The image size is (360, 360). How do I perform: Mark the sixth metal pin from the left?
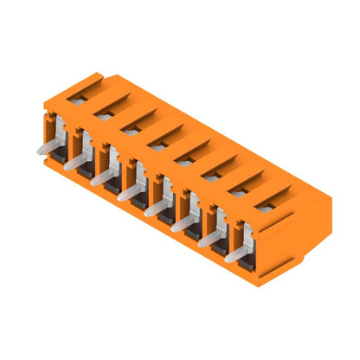(x=183, y=222)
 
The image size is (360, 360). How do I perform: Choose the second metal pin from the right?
(x=210, y=238)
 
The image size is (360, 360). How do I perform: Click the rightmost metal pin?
(x=237, y=253)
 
